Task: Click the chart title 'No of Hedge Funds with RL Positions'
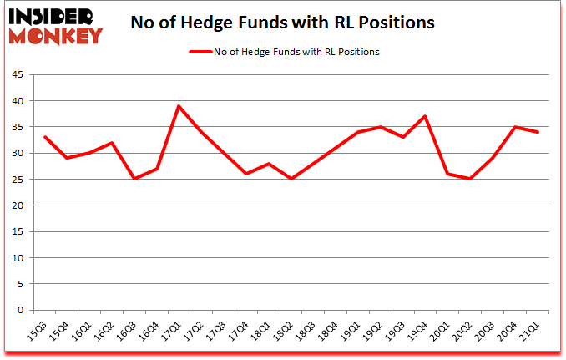click(282, 23)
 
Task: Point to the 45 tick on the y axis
click(17, 75)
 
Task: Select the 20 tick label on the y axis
click(17, 205)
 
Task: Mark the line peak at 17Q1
click(179, 106)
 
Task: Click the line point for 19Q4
click(423, 117)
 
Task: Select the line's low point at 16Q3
click(134, 180)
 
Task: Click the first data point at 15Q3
click(45, 138)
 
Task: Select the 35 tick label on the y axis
click(17, 127)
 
